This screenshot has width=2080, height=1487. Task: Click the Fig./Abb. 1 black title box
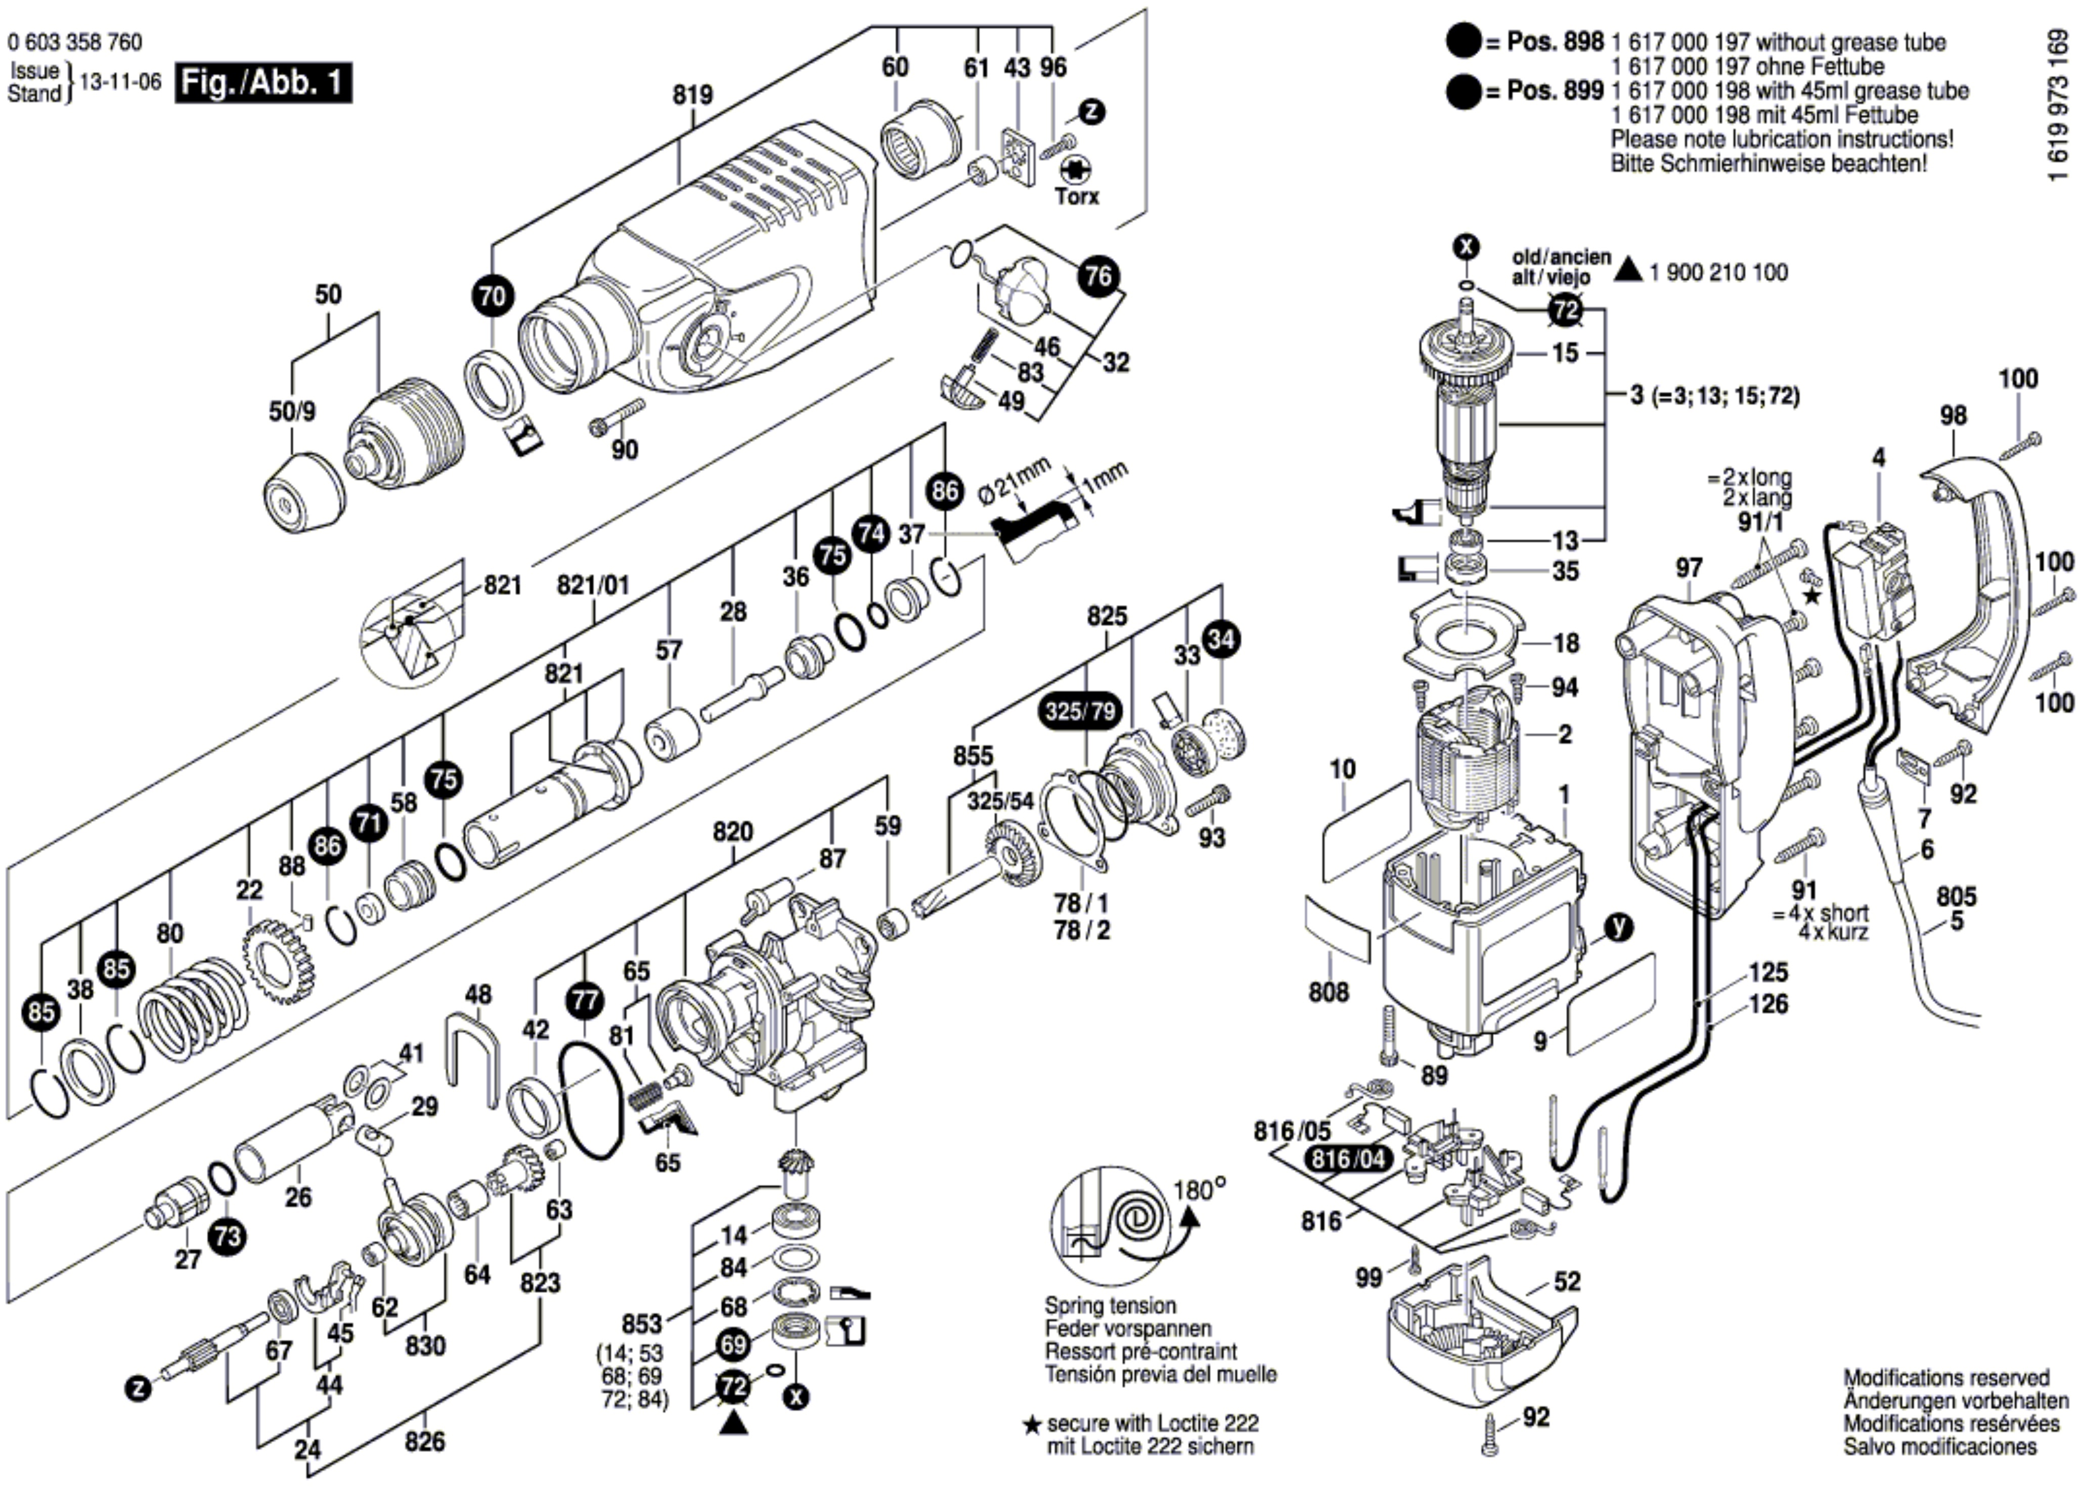pos(263,83)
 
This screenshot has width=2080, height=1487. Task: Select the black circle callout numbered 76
pos(1098,275)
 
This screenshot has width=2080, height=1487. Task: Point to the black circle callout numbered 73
pos(226,1237)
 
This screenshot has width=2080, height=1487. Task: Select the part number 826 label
pos(425,1441)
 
